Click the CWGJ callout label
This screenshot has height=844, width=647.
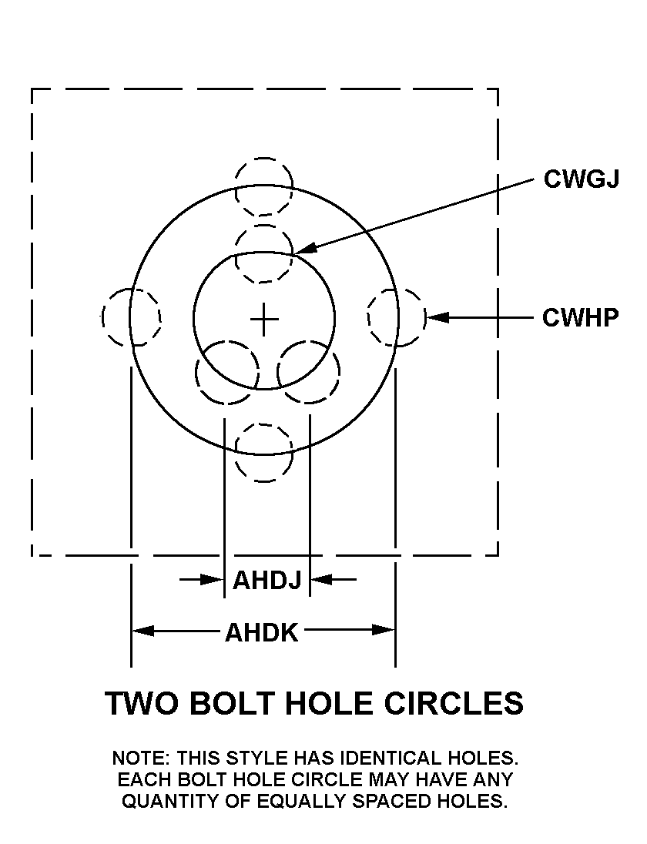(581, 179)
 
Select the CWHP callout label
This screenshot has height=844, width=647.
(580, 317)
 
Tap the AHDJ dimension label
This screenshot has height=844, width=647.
(267, 579)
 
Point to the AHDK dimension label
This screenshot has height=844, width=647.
(262, 632)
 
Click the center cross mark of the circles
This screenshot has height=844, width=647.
(264, 319)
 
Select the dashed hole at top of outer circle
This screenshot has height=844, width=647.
(264, 187)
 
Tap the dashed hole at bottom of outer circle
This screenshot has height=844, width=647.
(264, 453)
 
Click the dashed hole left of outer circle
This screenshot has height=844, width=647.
(131, 317)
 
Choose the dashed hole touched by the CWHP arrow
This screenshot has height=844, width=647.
(397, 316)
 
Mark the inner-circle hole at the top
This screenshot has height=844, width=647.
(264, 254)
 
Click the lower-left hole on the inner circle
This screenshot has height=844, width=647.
(226, 373)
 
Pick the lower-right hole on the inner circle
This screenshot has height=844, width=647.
(309, 373)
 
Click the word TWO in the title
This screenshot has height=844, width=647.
(139, 704)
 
